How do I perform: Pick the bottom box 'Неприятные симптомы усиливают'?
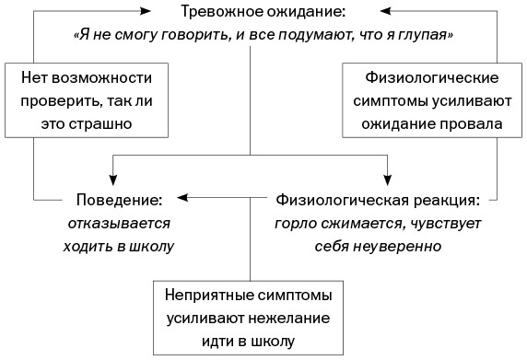[x=251, y=319]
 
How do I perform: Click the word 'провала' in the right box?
[x=472, y=122]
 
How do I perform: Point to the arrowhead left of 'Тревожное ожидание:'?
[x=146, y=12]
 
